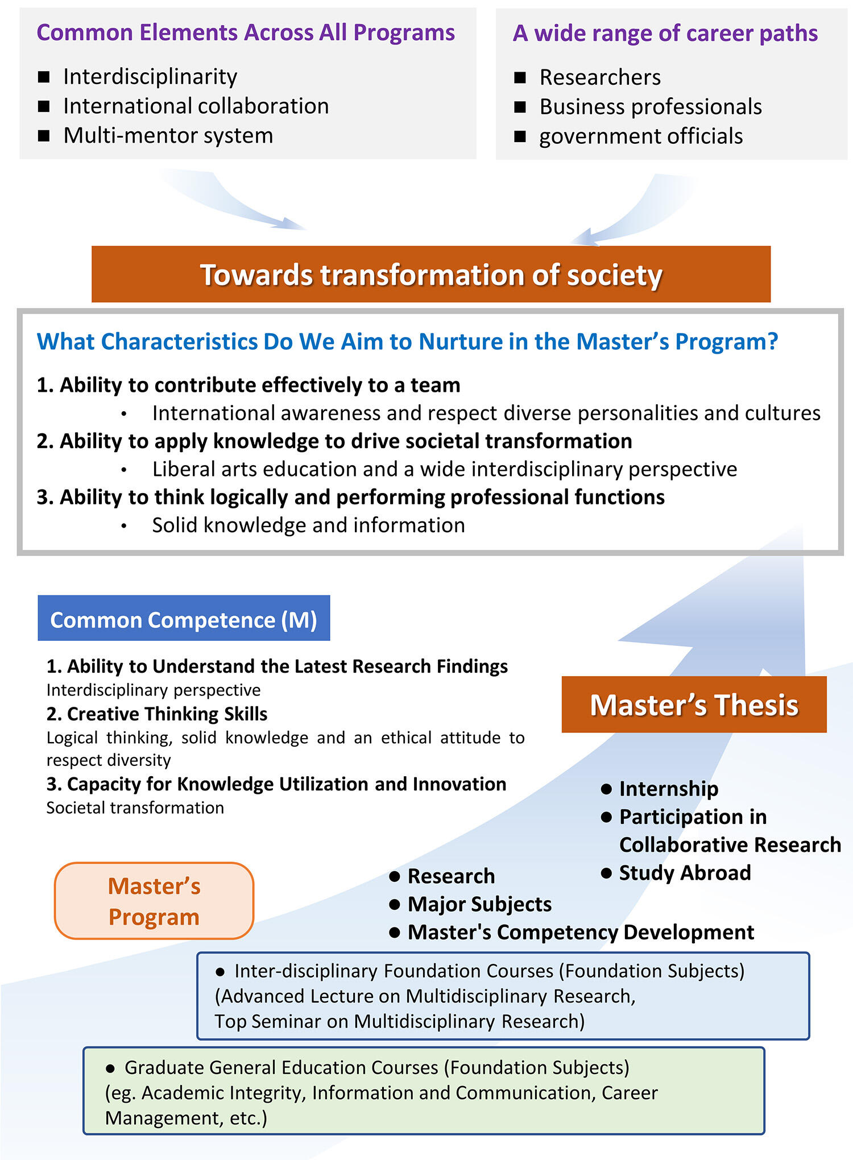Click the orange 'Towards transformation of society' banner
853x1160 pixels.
(431, 274)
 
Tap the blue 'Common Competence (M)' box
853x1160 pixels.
(184, 618)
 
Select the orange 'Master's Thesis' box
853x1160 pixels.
(694, 704)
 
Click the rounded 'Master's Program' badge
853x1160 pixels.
(154, 901)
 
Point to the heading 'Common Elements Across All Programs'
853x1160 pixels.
(246, 32)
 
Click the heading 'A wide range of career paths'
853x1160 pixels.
(665, 34)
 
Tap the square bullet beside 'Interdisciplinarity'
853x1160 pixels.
(44, 77)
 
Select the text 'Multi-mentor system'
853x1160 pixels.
(168, 135)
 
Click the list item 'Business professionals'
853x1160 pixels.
(651, 106)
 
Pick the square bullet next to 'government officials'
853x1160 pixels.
(520, 136)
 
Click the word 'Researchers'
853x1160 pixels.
(600, 77)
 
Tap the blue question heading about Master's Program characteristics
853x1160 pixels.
(407, 341)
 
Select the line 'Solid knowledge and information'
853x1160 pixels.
(309, 525)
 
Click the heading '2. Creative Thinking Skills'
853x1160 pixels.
(157, 714)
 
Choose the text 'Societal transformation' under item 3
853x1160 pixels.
(135, 807)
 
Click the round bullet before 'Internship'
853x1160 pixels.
(606, 789)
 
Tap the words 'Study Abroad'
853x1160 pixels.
(685, 872)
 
